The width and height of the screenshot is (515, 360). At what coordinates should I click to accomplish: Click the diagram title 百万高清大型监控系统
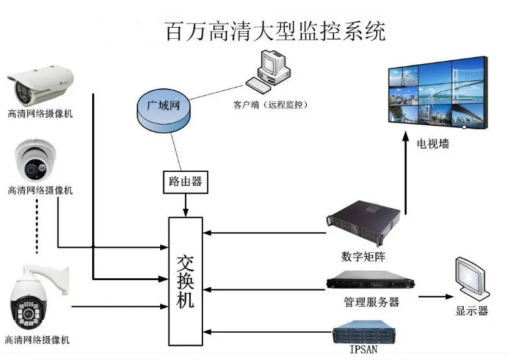tap(275, 30)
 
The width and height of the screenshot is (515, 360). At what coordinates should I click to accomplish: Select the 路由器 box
tap(185, 182)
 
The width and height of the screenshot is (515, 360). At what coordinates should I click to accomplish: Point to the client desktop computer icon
tap(270, 73)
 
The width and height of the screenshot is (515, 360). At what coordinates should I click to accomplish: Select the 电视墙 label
tap(433, 143)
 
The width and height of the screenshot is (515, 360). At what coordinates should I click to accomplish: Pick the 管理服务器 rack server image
tap(370, 281)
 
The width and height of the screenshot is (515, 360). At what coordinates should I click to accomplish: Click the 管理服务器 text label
tap(371, 302)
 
